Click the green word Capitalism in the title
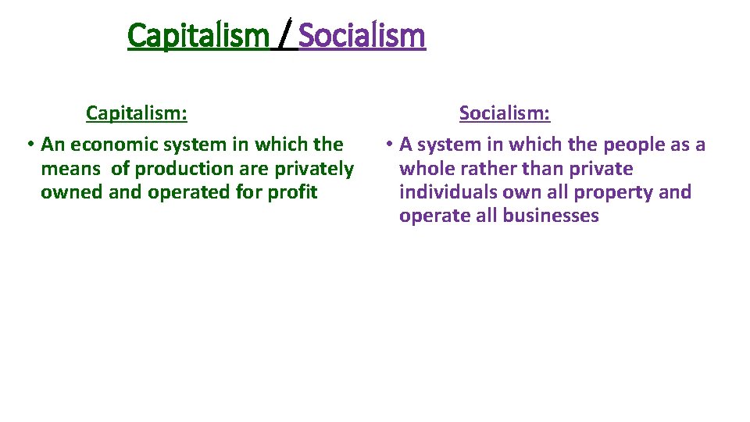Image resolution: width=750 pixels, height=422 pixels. point(198,36)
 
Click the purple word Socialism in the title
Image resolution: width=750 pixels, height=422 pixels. point(362,36)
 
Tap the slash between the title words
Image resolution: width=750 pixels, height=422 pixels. point(287,36)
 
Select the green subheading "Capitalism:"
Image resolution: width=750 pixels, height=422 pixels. point(137,113)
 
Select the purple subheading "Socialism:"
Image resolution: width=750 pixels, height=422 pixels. point(505,113)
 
